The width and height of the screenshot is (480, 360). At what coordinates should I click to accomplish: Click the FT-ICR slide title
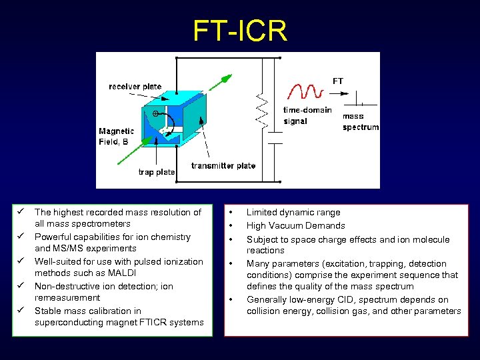coord(240,31)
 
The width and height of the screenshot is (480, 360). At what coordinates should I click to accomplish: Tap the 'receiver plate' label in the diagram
coord(135,87)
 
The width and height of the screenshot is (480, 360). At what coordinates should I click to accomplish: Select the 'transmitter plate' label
coord(223,165)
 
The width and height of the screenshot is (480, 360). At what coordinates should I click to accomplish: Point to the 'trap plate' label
coord(156,172)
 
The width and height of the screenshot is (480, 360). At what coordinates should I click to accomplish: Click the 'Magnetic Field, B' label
coord(116,137)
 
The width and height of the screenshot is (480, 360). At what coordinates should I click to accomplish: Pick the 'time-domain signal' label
coord(307,115)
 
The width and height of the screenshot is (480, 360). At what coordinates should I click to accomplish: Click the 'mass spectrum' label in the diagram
coord(361,121)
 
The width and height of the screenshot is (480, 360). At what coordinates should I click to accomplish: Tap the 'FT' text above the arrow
coord(338,81)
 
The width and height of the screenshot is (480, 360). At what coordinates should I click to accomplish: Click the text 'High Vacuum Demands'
coord(295,225)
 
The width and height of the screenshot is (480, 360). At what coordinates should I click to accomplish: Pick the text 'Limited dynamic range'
coord(293,212)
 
